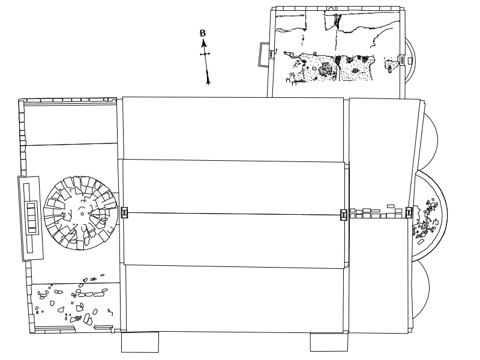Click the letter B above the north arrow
click(x=203, y=33)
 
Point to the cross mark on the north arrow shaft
click(x=205, y=54)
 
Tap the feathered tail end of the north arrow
click(x=208, y=81)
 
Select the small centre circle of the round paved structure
click(x=82, y=214)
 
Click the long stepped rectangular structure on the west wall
click(x=31, y=218)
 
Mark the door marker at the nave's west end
click(x=124, y=212)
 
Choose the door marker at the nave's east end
click(x=344, y=215)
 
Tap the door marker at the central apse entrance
click(x=409, y=212)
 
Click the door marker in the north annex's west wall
click(x=271, y=54)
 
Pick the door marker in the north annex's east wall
click(x=402, y=59)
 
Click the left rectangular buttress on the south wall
click(x=140, y=342)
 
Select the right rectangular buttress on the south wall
click(x=329, y=342)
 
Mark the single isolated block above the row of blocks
click(x=391, y=206)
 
